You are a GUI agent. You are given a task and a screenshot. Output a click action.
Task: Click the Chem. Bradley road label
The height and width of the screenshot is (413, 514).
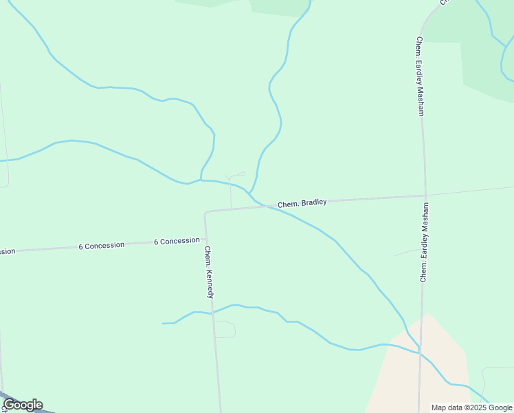point(302,204)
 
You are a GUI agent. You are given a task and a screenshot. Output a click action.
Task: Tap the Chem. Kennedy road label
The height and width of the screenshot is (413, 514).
point(209,273)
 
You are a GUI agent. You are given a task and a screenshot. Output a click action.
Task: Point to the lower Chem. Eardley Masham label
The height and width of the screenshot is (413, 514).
point(425,242)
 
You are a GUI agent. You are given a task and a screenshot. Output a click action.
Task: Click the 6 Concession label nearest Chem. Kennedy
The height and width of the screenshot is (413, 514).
point(177,241)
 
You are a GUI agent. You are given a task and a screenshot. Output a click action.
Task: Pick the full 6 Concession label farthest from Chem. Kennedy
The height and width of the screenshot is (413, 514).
point(101,245)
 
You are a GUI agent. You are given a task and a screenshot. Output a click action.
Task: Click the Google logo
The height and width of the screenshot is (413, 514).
point(23,405)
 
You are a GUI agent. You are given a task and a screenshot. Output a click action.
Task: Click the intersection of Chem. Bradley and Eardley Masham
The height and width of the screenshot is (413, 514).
point(425,196)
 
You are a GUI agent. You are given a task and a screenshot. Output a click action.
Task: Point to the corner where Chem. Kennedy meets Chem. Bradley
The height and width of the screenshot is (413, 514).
point(205,212)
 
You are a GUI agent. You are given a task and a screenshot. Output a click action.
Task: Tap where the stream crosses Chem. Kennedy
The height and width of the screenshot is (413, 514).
point(212,313)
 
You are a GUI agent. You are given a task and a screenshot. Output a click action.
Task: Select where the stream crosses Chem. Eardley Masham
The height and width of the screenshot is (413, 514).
point(420,352)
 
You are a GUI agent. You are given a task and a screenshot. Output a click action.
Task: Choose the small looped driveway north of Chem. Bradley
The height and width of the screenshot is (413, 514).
point(236,175)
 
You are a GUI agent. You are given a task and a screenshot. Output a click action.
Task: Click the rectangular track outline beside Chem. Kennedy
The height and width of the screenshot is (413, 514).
point(225,329)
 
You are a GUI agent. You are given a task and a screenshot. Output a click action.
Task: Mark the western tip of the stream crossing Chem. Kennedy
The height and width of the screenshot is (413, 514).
point(164,323)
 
